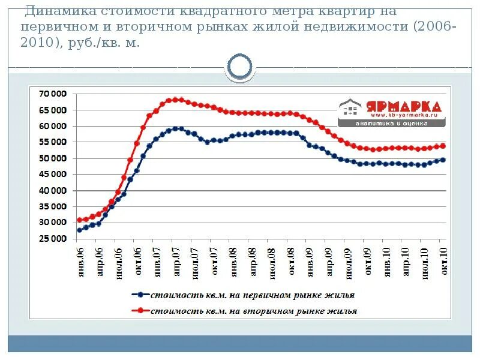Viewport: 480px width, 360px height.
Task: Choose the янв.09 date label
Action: (x=310, y=259)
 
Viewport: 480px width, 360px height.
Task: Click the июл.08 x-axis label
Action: (x=271, y=259)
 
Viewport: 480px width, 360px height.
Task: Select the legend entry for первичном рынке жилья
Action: (x=252, y=295)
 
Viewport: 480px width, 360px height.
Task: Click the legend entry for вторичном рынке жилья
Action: (x=253, y=311)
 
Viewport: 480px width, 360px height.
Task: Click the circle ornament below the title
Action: (x=241, y=67)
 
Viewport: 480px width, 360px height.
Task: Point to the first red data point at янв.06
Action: (x=80, y=220)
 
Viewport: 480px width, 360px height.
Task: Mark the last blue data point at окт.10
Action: (x=443, y=160)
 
